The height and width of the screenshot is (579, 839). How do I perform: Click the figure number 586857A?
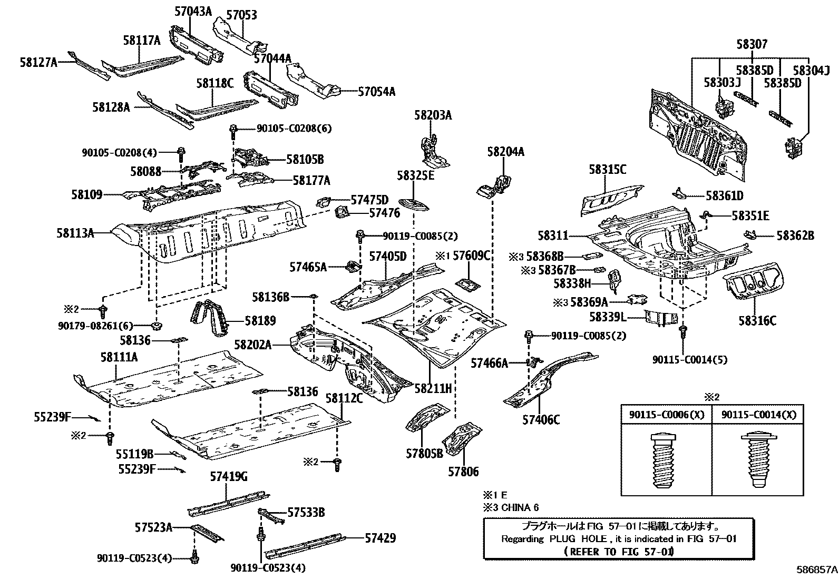click(816, 570)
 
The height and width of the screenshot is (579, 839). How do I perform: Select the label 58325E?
click(416, 175)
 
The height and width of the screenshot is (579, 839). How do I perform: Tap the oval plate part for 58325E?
click(412, 203)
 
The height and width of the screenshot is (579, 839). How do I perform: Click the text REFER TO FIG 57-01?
click(618, 552)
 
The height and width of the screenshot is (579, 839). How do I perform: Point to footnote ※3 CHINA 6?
click(511, 507)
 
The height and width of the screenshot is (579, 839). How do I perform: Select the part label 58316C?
click(757, 320)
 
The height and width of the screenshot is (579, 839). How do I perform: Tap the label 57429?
click(380, 538)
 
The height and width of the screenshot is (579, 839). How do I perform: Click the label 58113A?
click(75, 232)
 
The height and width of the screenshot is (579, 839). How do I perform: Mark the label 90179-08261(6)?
click(95, 326)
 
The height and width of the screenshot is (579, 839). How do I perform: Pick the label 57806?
click(463, 472)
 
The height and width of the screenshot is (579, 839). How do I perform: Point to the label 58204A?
click(505, 152)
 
